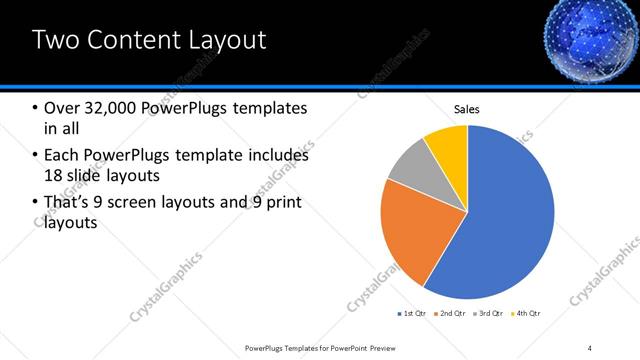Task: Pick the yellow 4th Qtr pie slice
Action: (x=447, y=145)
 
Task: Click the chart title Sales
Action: (x=467, y=108)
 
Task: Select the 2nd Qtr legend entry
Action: (x=451, y=314)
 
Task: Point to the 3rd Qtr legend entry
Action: (x=490, y=314)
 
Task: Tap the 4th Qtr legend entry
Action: (x=527, y=314)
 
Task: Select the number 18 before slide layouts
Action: (x=54, y=176)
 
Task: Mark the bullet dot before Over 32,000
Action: (x=35, y=108)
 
